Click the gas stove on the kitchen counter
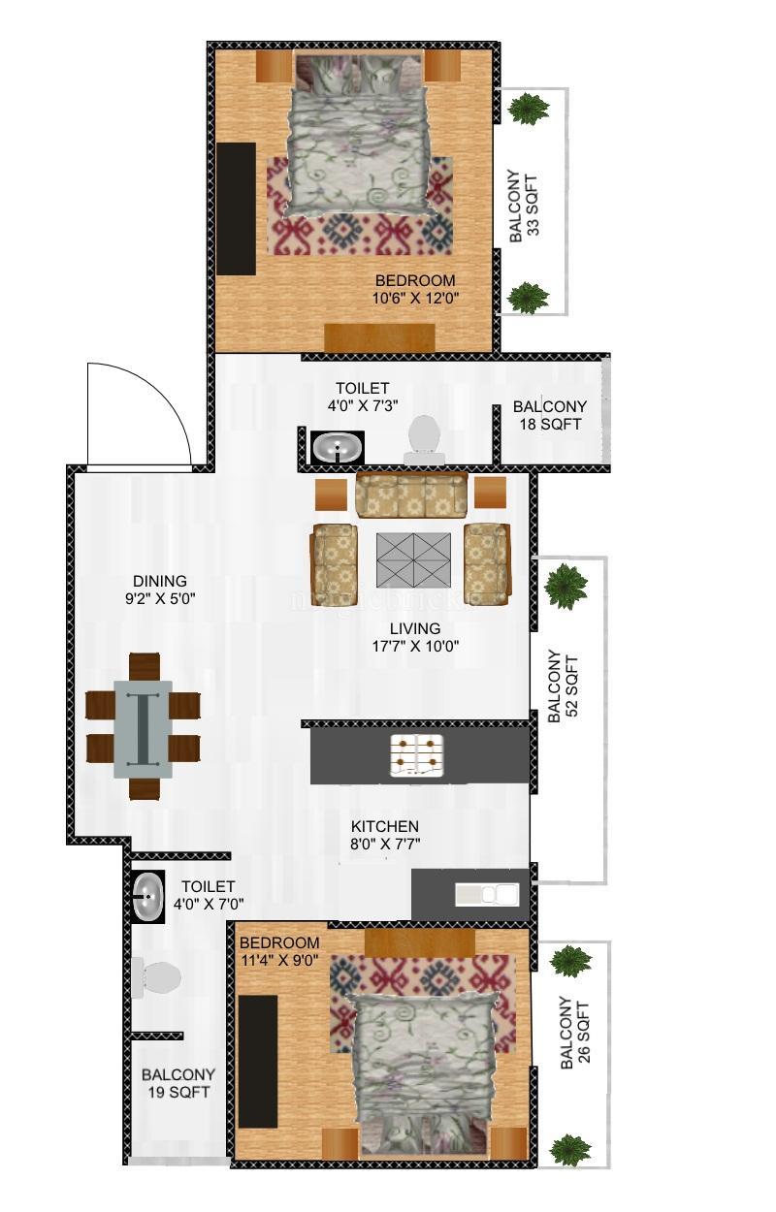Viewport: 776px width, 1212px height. pos(416,756)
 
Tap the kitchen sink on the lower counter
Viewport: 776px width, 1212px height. pos(487,894)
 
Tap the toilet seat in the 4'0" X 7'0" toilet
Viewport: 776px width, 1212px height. pos(156,977)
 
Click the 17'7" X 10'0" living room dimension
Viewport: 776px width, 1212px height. pos(415,646)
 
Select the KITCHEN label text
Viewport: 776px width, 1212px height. pos(385,826)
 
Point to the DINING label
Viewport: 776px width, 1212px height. pos(160,581)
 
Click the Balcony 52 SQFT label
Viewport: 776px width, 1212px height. pos(563,686)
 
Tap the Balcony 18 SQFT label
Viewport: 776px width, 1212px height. pos(550,415)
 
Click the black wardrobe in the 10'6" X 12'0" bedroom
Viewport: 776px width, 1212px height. pos(236,208)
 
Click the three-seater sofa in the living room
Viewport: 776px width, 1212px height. pos(412,494)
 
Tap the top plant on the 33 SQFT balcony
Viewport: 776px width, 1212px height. pos(529,108)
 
